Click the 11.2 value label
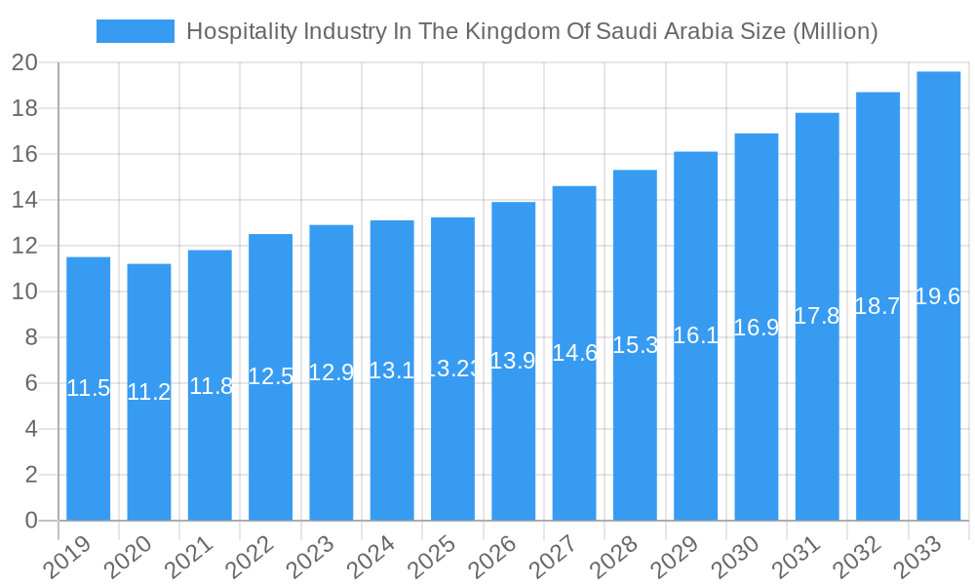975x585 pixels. (149, 392)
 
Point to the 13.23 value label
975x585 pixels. (452, 370)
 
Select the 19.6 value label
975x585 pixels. (938, 296)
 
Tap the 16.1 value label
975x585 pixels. (695, 335)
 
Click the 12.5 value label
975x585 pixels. (270, 376)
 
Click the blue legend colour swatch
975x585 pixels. (136, 31)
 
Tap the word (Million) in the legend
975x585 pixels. (835, 31)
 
